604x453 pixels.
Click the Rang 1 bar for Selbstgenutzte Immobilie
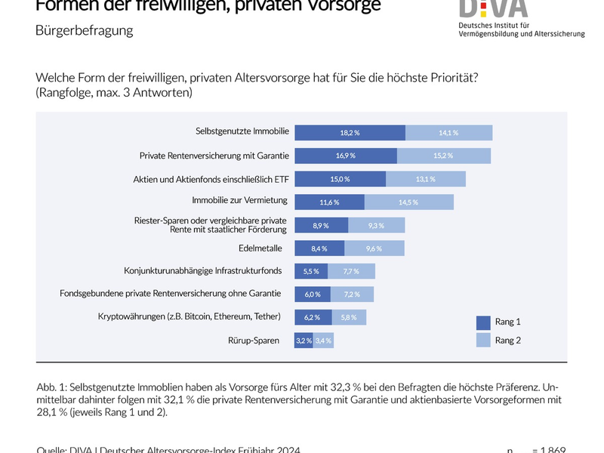(350, 133)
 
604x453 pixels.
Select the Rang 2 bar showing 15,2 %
(444, 156)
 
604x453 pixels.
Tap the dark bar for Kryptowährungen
(311, 317)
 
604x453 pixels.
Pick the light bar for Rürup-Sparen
(323, 341)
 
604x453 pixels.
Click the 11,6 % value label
(329, 202)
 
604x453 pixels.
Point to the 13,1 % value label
(426, 179)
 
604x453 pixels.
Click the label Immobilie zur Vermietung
(240, 201)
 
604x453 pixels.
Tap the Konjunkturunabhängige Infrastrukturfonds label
(203, 270)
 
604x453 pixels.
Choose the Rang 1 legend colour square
(483, 322)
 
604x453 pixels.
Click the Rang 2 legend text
(508, 341)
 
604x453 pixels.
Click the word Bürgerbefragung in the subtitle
(84, 31)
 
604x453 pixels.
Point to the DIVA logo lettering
(494, 7)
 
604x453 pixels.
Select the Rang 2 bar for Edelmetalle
(374, 248)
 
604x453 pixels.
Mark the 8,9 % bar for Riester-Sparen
(321, 225)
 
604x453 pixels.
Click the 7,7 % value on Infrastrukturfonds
(352, 271)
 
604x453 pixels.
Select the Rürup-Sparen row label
(254, 341)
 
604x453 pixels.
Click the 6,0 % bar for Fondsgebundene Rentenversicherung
(312, 294)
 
